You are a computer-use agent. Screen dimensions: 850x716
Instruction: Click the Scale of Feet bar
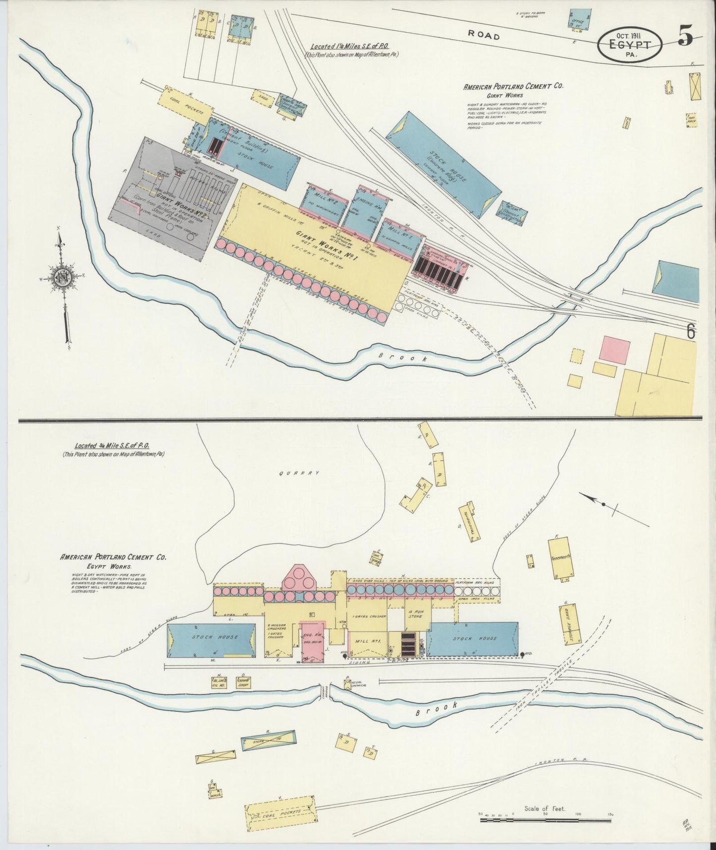[x=545, y=820]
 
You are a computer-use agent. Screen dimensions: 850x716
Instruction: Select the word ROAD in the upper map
[x=484, y=35]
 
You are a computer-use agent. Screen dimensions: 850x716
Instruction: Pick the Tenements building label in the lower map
[x=560, y=557]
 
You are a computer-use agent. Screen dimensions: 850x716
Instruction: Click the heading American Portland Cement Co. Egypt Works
[x=113, y=561]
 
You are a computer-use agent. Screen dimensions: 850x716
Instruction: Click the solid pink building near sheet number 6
[x=614, y=350]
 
